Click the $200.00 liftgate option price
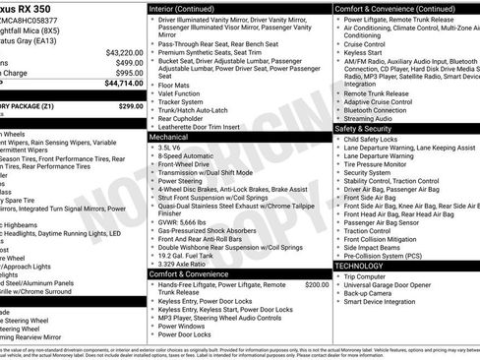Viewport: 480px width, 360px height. coord(317,283)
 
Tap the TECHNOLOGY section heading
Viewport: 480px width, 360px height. coord(360,266)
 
